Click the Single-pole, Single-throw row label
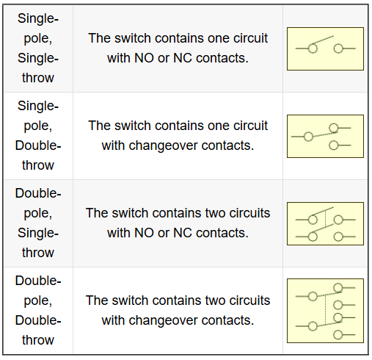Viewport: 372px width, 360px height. tap(38, 48)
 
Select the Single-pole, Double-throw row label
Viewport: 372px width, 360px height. tap(38, 135)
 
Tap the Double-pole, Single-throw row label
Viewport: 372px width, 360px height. tap(38, 223)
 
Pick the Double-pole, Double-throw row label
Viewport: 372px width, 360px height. tap(38, 310)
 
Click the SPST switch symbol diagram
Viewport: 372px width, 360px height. tap(325, 48)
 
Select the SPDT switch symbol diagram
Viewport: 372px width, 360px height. tap(325, 136)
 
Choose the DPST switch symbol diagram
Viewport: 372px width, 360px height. tap(325, 223)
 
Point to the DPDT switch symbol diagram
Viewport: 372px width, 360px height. tap(325, 311)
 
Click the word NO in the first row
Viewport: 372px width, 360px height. tap(144, 58)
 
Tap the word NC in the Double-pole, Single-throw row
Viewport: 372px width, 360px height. tap(182, 233)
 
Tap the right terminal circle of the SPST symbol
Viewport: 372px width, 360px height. tap(338, 48)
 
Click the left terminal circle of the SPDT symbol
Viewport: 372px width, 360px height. tap(308, 137)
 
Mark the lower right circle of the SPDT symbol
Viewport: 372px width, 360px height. tap(334, 145)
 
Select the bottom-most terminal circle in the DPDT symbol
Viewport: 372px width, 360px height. tap(338, 334)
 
